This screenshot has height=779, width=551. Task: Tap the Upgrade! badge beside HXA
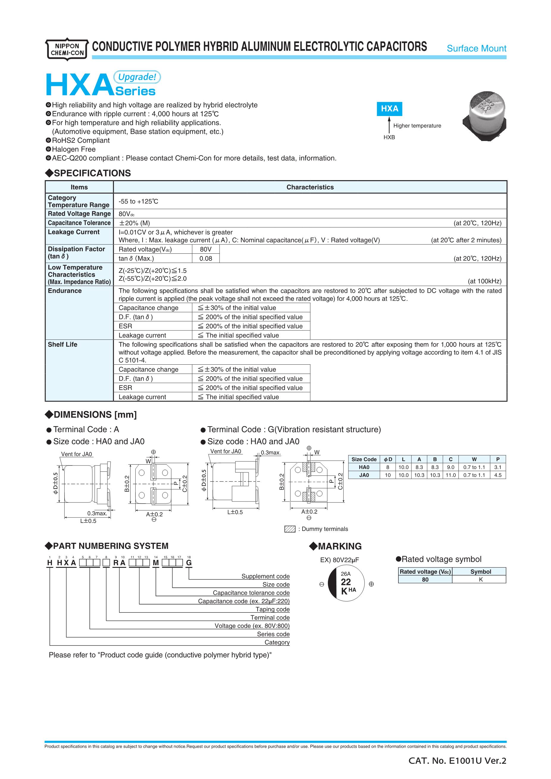(137, 77)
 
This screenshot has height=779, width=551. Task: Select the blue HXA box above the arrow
(389, 109)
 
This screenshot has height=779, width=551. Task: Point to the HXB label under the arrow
(389, 137)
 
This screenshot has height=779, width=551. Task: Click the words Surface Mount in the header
(476, 48)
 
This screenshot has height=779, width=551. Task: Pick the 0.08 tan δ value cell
(206, 258)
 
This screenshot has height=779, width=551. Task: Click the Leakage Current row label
(73, 232)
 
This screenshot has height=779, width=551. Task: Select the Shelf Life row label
(62, 344)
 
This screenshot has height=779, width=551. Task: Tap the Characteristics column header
(310, 187)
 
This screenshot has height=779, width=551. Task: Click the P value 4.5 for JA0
(498, 475)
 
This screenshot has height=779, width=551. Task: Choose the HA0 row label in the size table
(364, 467)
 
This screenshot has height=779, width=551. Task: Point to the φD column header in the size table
(388, 459)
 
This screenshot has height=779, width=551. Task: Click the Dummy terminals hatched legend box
(290, 529)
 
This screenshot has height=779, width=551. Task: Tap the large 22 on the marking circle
(346, 582)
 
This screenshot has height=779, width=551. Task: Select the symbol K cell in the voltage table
(480, 579)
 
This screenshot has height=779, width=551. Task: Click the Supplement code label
(265, 576)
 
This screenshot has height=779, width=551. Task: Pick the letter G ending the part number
(189, 563)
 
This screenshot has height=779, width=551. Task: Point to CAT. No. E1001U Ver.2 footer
(457, 761)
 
